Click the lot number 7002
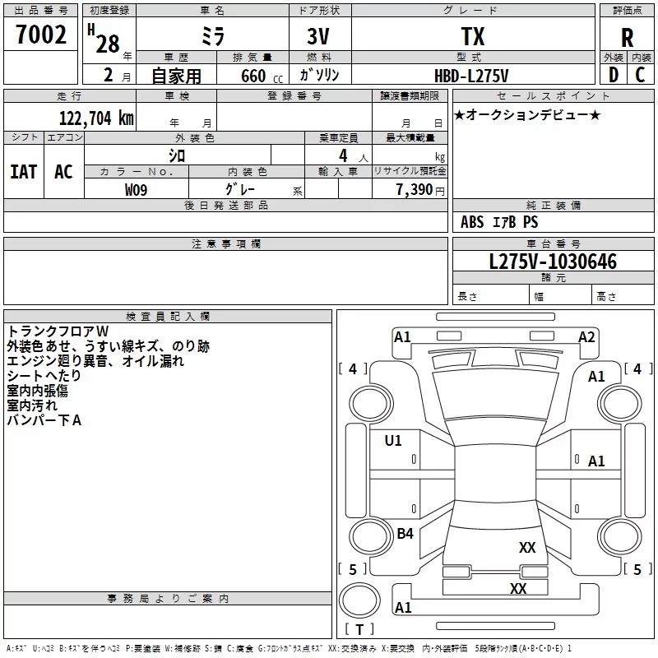tap(41, 35)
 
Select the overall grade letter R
tap(627, 38)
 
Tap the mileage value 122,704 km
tap(96, 118)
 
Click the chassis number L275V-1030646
tap(553, 262)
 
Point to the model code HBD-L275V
tap(471, 76)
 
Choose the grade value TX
tap(473, 36)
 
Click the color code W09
tap(136, 190)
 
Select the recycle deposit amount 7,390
tap(415, 190)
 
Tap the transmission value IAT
tap(24, 172)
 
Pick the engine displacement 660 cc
tap(262, 76)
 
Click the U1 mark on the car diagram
tap(393, 441)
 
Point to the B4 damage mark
tap(405, 533)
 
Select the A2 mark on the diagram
tap(586, 337)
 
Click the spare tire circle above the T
tap(359, 600)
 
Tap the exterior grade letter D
tap(614, 75)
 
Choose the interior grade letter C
tap(640, 75)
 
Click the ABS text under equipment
tap(472, 222)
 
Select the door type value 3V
tap(318, 36)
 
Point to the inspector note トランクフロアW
tap(58, 331)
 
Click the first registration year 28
tap(108, 44)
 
